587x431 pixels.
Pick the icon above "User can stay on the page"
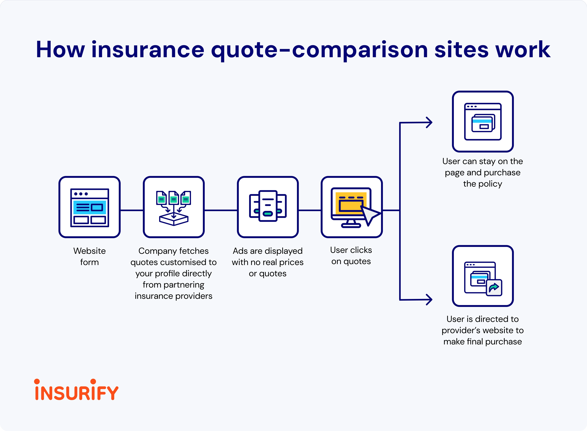click(x=483, y=122)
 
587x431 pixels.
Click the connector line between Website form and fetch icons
click(x=132, y=210)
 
